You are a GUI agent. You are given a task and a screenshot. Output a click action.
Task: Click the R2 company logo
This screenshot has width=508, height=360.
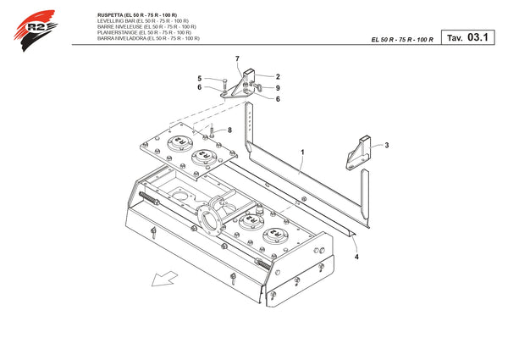(36, 30)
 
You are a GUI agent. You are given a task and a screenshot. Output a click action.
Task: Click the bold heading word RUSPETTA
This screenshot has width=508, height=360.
(110, 15)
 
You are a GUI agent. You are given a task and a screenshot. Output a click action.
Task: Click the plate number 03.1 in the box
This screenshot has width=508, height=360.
(478, 37)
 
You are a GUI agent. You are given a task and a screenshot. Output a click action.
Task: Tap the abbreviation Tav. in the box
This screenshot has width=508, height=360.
(455, 38)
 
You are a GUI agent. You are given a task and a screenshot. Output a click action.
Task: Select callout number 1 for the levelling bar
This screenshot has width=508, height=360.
(303, 152)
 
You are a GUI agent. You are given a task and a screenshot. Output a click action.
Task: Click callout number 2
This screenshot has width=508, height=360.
(278, 77)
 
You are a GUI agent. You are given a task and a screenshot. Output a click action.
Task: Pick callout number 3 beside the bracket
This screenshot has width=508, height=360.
(387, 145)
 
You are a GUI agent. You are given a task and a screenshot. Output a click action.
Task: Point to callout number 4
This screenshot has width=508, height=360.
(356, 257)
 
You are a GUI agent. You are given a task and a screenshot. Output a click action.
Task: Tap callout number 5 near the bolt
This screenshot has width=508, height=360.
(200, 79)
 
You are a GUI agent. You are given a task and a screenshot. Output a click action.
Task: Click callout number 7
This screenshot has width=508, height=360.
(237, 58)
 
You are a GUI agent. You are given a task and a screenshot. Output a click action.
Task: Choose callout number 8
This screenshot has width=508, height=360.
(229, 130)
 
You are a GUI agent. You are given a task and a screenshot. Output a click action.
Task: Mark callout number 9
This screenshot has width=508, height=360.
(278, 88)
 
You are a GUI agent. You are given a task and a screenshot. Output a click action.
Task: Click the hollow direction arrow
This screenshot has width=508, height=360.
(164, 280)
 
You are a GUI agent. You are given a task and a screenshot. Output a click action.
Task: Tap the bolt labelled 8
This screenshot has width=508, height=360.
(212, 130)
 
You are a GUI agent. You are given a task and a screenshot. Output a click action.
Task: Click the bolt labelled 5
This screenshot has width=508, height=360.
(224, 86)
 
